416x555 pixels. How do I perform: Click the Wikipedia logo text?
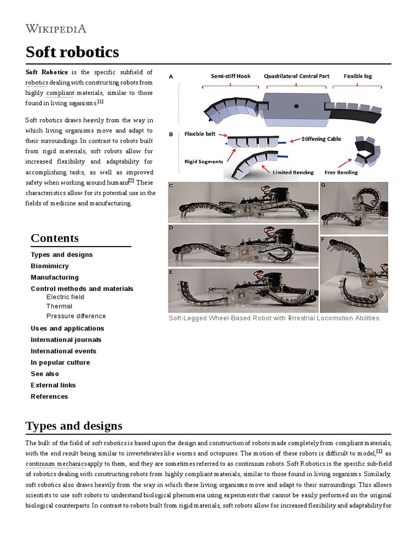[x=56, y=29]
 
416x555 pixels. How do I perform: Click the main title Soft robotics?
[x=72, y=52]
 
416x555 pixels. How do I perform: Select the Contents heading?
[x=55, y=238]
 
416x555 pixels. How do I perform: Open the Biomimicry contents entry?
[x=50, y=266]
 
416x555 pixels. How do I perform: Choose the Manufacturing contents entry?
[x=55, y=277]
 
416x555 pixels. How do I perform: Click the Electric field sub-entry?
[x=66, y=297]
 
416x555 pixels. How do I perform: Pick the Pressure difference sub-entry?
[x=76, y=316]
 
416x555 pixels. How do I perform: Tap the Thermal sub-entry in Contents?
[x=59, y=306]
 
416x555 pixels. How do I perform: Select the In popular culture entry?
[x=61, y=363]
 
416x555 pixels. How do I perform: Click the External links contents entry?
[x=53, y=385]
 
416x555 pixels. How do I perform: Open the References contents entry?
[x=49, y=397]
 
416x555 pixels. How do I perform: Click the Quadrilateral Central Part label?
[x=296, y=76]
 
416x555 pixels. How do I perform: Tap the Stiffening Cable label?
[x=322, y=139]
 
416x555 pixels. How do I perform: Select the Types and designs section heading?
[x=74, y=425]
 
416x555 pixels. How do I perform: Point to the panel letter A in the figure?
[x=171, y=77]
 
